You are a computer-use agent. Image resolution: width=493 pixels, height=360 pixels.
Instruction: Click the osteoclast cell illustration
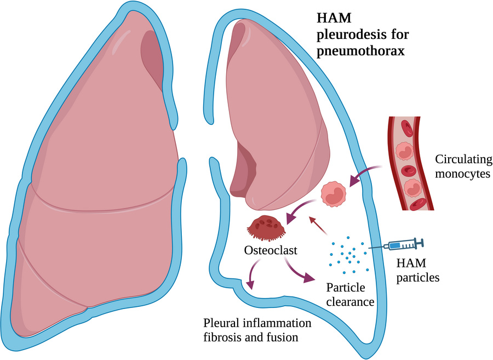point(267,228)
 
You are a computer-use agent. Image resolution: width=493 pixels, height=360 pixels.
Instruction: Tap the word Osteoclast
point(271,251)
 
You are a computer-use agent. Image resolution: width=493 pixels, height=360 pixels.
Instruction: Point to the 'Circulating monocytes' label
point(462,167)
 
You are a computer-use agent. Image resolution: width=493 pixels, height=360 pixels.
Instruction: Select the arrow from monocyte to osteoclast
point(301,211)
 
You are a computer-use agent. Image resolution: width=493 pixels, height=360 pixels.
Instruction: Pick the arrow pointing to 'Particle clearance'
point(301,272)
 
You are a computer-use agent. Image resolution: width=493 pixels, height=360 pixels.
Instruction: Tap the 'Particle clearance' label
point(349,294)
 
